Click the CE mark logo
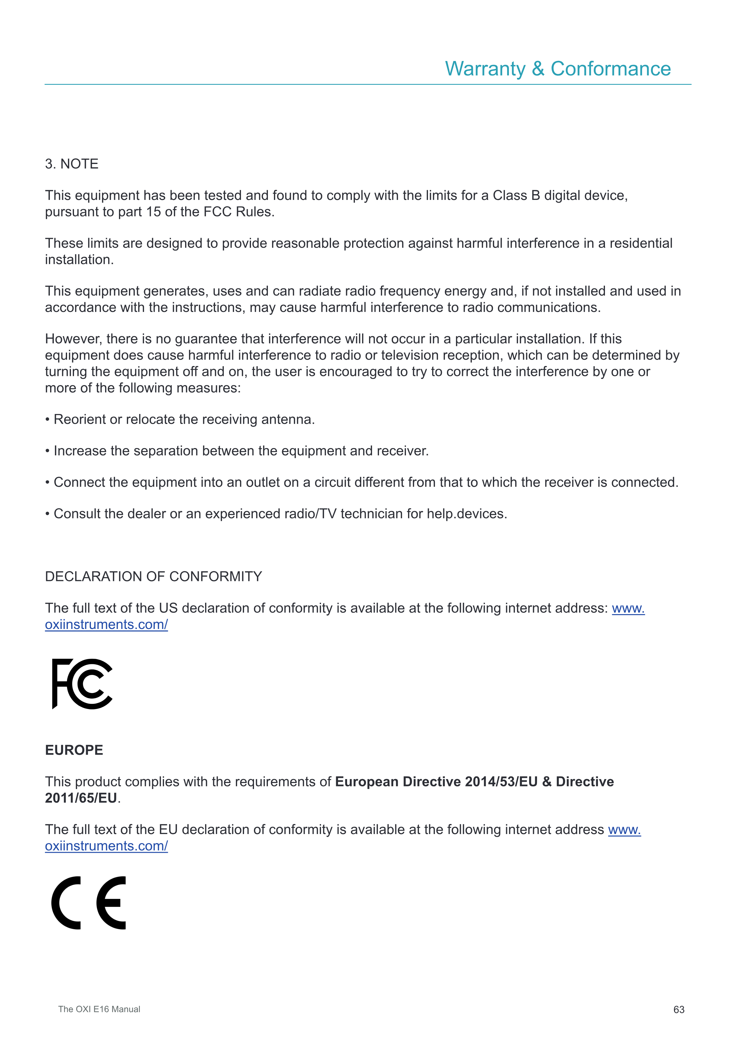pos(88,902)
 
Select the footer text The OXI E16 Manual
pos(99,1009)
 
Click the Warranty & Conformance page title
pos(558,69)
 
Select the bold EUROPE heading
pos(74,750)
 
